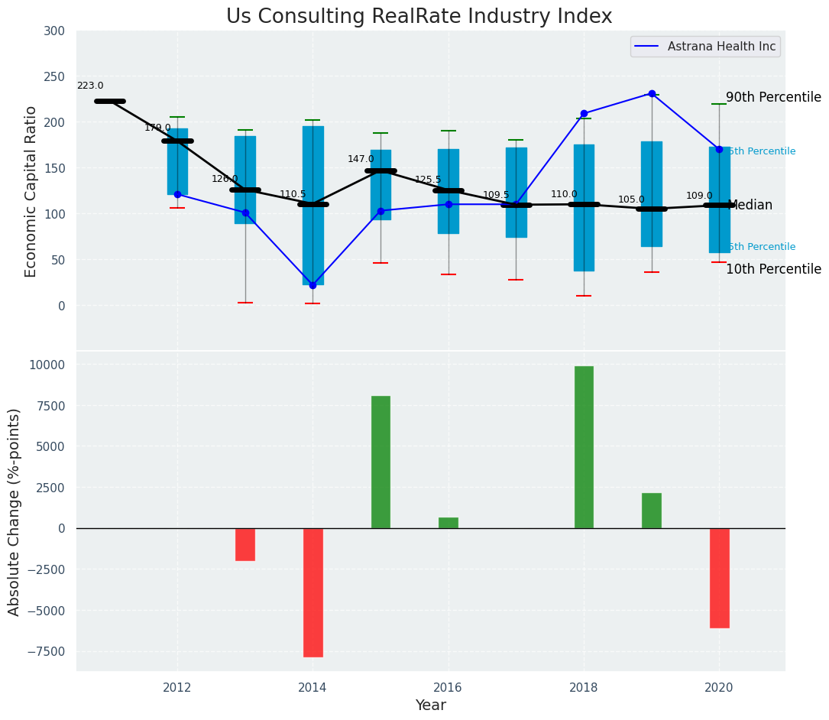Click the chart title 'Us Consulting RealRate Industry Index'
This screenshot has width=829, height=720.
coord(419,17)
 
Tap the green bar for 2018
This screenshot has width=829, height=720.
coord(584,447)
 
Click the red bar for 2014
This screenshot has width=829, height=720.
coord(313,592)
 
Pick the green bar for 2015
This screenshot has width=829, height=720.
coord(380,462)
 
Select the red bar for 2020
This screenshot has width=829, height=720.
coord(719,578)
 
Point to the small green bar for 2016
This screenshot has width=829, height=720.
coord(449,523)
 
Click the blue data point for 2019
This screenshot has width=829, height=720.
coord(652,94)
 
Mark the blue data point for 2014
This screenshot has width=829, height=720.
coord(312,285)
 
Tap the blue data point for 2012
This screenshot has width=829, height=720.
coord(177,194)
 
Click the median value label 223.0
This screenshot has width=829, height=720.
coord(90,86)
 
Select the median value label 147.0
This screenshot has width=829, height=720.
coord(361,159)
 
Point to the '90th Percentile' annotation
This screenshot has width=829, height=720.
coord(773,98)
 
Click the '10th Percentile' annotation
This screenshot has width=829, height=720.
coord(773,270)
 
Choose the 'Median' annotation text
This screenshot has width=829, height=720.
coord(750,206)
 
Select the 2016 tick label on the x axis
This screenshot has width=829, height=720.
coord(448,688)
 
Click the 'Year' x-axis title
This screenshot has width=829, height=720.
coord(430,705)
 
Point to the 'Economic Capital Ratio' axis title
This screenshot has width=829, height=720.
coord(31,191)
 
